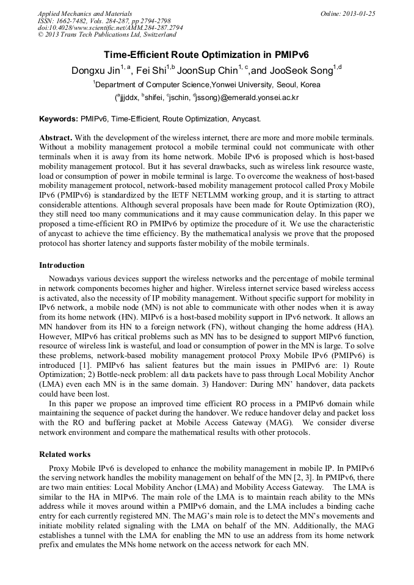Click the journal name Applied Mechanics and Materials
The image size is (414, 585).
click(x=84, y=13)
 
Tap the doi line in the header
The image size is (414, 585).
click(x=110, y=27)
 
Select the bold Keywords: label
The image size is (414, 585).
click(x=59, y=118)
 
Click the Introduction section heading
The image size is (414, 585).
click(x=62, y=265)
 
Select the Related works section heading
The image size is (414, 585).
click(x=65, y=454)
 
